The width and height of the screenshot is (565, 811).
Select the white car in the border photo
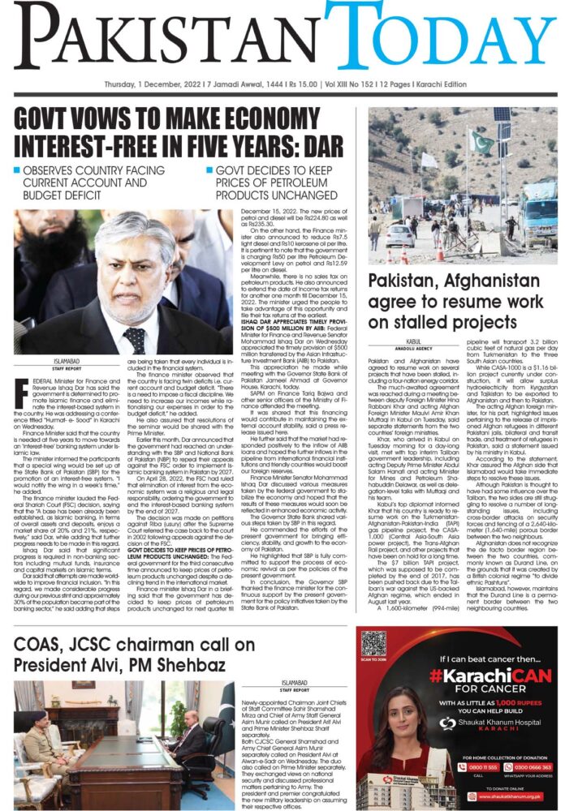pos(400,236)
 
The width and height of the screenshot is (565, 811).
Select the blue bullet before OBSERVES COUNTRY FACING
pos(17,171)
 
